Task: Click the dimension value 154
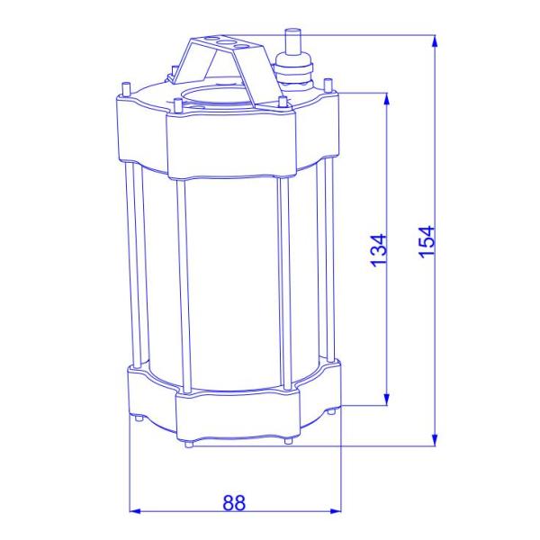(427, 242)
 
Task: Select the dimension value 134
(379, 250)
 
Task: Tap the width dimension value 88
(234, 502)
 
